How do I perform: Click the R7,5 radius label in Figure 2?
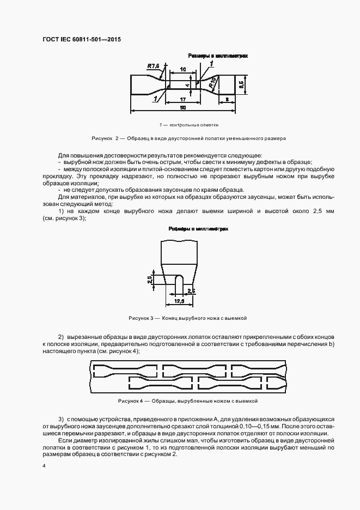pos(153,66)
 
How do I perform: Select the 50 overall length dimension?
pos(183,108)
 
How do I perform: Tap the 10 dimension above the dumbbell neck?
pos(183,70)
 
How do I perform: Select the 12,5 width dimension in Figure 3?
pos(179,300)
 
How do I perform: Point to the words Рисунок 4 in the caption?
pos(130,400)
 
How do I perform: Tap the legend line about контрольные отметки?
pos(181,125)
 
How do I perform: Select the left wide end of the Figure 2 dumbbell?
pos(139,86)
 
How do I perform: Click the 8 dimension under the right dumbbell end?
pos(226,99)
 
